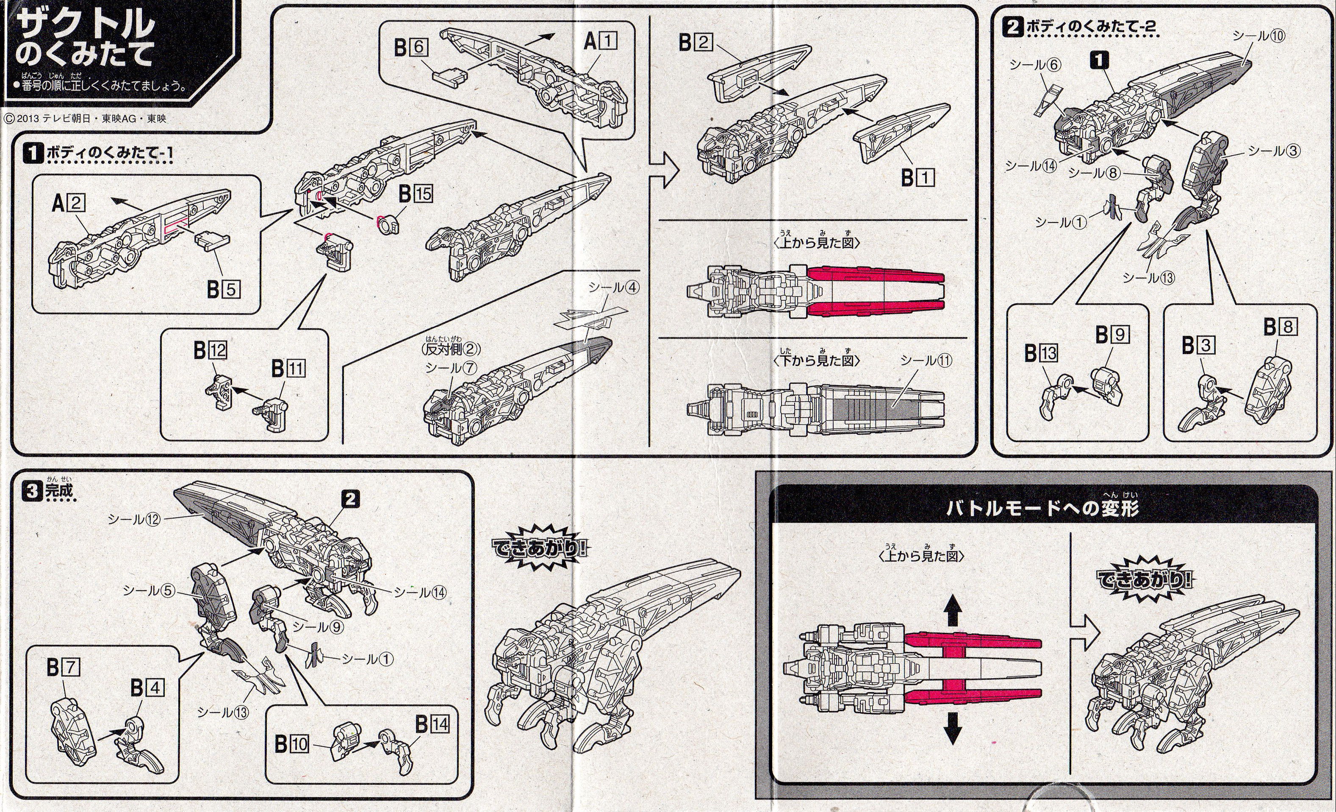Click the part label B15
[x=416, y=194]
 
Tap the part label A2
[x=68, y=203]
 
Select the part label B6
[x=410, y=48]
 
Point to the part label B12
[x=211, y=351]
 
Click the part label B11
[x=288, y=369]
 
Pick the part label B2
[x=695, y=42]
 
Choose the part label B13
[x=1041, y=353]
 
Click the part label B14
[x=432, y=724]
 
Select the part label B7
[x=63, y=667]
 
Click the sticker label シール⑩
[x=1258, y=36]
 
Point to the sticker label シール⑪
[x=926, y=360]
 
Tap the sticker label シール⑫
[x=134, y=519]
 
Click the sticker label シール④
[x=614, y=287]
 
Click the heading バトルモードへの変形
[x=1042, y=508]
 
